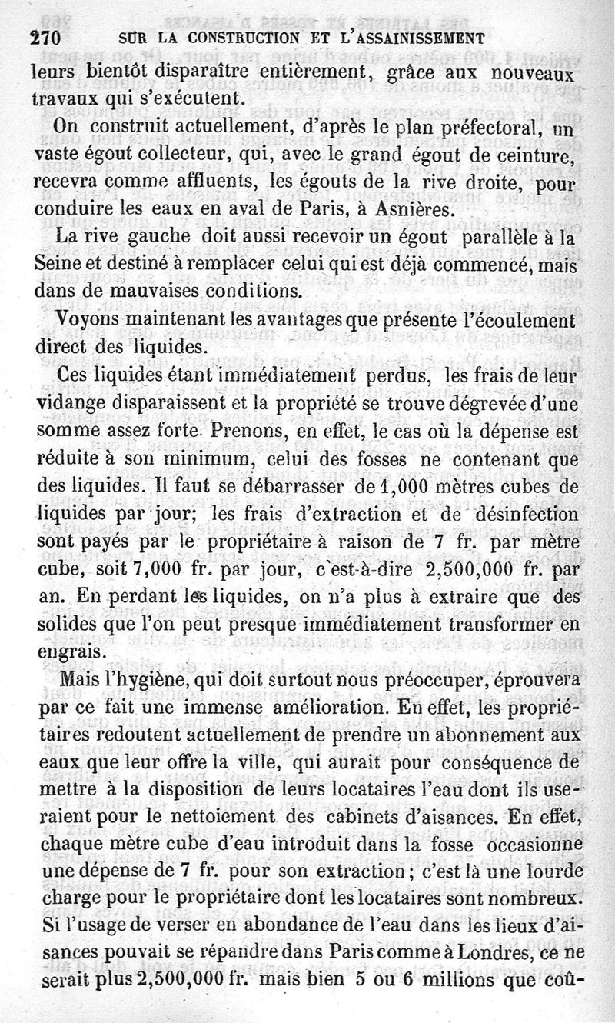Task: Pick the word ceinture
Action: click(x=553, y=158)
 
